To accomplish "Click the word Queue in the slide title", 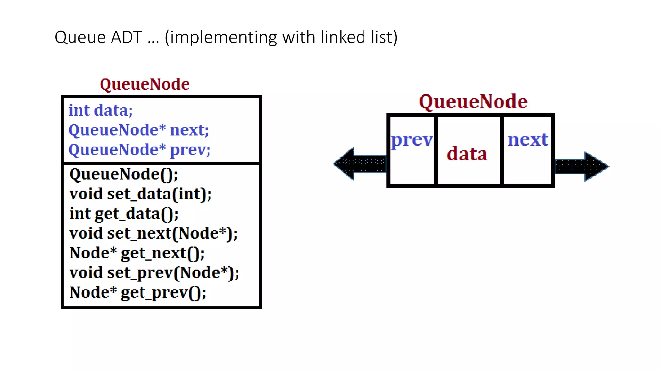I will click(x=80, y=37).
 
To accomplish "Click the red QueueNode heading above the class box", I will click(x=145, y=84).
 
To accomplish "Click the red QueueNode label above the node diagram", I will click(x=473, y=102).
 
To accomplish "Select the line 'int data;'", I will click(x=101, y=110).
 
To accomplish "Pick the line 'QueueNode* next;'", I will click(x=139, y=130).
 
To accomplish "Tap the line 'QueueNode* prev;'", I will click(x=139, y=150).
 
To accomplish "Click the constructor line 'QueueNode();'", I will click(x=123, y=174).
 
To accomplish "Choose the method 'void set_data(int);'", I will click(x=140, y=194).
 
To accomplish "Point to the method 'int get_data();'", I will click(x=124, y=214).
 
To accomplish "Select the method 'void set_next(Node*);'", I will click(x=153, y=233).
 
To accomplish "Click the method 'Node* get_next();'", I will click(x=137, y=253).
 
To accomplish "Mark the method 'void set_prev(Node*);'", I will click(x=154, y=273).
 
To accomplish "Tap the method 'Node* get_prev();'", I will click(x=138, y=292).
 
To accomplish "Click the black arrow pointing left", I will click(x=359, y=164).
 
